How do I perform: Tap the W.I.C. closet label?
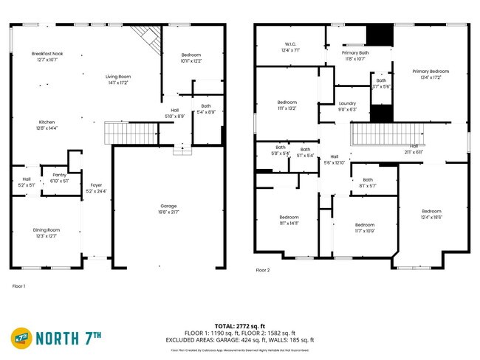(291, 46)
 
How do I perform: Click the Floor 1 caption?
(19, 285)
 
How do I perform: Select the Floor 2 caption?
(263, 271)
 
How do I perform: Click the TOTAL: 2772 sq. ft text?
(240, 325)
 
